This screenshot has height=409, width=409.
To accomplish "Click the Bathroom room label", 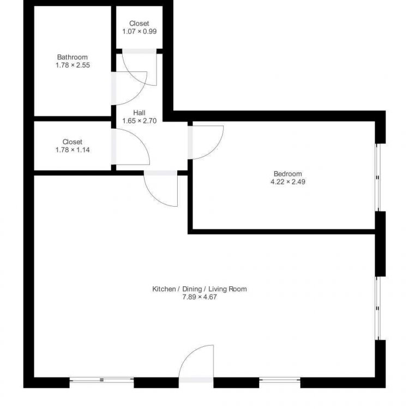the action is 72,57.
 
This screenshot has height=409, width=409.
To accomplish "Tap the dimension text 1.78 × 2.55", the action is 73,65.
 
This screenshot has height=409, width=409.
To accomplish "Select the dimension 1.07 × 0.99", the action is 140,32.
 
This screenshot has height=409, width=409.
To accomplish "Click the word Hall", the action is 139,113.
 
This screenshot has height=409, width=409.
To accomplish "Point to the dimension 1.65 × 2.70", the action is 140,121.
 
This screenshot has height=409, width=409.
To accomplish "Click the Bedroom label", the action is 288,174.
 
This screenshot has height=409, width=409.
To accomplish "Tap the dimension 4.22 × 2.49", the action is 288,182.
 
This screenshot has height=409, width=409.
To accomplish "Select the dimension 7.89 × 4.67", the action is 200,297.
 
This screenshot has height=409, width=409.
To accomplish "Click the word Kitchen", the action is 164,289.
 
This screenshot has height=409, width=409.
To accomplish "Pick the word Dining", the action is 192,289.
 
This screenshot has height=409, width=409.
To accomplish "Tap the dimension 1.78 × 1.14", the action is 73,150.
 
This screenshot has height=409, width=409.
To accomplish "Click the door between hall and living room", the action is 161,188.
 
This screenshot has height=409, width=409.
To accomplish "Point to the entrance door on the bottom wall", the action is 196,364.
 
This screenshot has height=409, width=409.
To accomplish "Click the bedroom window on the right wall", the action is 378,177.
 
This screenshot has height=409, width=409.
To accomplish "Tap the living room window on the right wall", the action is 378,308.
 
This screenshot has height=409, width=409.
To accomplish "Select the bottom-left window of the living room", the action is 102,380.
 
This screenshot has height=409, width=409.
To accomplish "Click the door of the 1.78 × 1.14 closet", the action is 130,147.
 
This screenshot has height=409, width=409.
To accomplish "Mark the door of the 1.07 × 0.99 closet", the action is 140,67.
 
